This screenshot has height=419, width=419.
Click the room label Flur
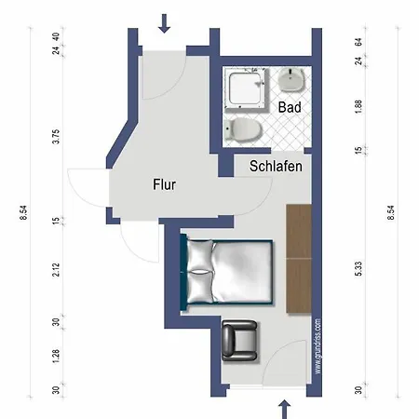pyautogui.click(x=165, y=184)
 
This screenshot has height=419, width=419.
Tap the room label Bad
pyautogui.click(x=290, y=108)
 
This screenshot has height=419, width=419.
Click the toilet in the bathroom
pyautogui.click(x=241, y=128)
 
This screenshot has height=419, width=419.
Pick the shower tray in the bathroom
pyautogui.click(x=247, y=93)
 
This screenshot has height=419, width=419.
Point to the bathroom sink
pyautogui.click(x=291, y=81)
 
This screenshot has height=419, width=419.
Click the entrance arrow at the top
pyautogui.click(x=165, y=22)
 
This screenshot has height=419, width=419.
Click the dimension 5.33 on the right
pyautogui.click(x=358, y=270)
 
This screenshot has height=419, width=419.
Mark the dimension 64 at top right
pyautogui.click(x=358, y=42)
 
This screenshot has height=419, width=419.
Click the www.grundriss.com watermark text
pyautogui.click(x=318, y=345)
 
